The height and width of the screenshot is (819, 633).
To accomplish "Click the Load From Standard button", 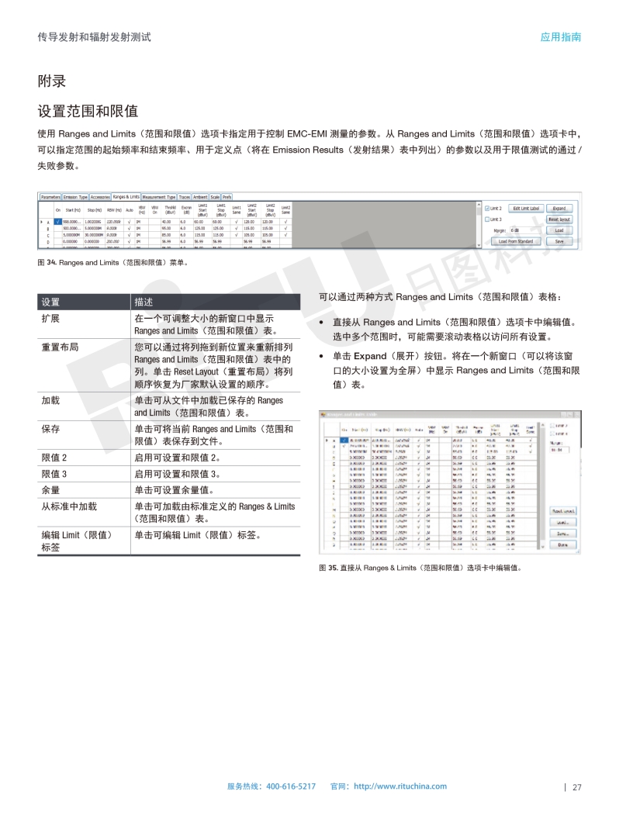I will pyautogui.click(x=515, y=241).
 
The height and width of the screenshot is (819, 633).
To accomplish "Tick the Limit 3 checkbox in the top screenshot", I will pyautogui.click(x=486, y=219).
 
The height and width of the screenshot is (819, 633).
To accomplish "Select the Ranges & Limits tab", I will pyautogui.click(x=126, y=197).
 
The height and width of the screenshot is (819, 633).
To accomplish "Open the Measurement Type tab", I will pyautogui.click(x=159, y=197).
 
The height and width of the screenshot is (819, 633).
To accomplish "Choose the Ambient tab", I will pyautogui.click(x=200, y=197).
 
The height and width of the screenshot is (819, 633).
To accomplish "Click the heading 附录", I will pyautogui.click(x=51, y=81).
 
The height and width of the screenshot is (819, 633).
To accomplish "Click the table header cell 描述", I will pyautogui.click(x=144, y=302).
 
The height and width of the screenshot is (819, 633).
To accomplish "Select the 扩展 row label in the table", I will pyautogui.click(x=51, y=320).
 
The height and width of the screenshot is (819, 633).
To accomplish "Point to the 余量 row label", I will pyautogui.click(x=51, y=490).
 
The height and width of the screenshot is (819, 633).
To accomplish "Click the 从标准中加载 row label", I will pyautogui.click(x=69, y=506).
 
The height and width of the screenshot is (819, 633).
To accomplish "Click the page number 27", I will pyautogui.click(x=577, y=787).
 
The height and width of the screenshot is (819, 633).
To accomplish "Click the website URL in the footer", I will pyautogui.click(x=400, y=786).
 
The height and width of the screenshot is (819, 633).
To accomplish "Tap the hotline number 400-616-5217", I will pyautogui.click(x=291, y=786).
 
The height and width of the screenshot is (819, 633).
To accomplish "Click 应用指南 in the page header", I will pyautogui.click(x=561, y=37).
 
